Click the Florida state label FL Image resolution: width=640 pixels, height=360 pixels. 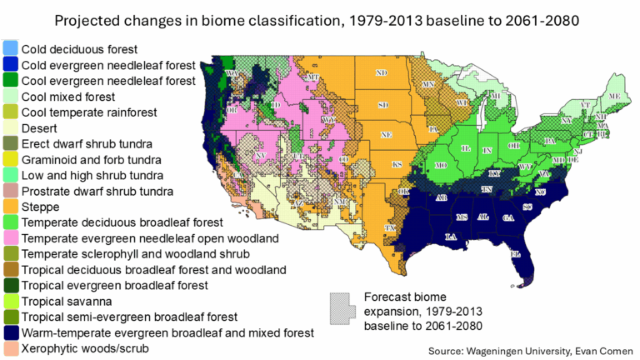coord(515,253)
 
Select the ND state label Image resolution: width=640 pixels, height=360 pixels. coord(382,73)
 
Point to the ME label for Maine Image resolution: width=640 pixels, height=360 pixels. coord(615,97)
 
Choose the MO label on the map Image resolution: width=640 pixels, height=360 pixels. coord(441,165)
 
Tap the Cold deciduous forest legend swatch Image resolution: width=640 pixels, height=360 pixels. coord(10,49)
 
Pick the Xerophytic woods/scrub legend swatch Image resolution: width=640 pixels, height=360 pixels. coord(10,348)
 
